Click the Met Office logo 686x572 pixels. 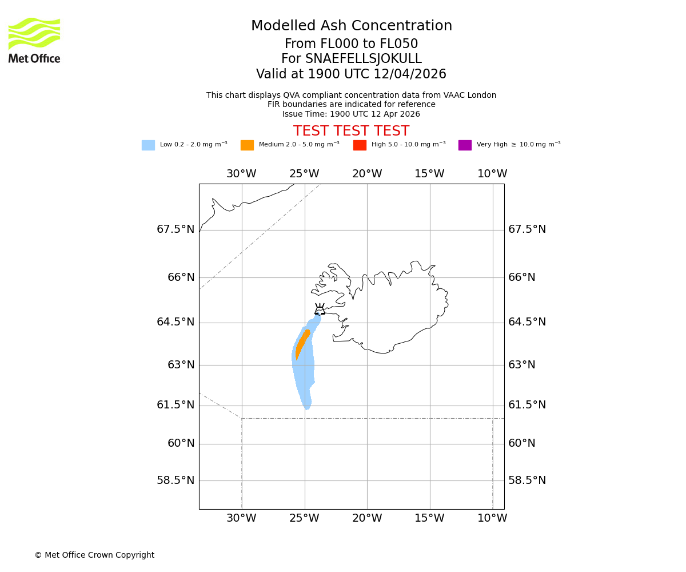[x=34, y=40]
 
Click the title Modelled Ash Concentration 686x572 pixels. [x=352, y=26]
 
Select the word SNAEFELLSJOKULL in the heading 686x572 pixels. [x=364, y=59]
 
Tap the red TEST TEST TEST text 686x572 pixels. [x=351, y=132]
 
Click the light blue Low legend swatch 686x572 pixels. [x=148, y=145]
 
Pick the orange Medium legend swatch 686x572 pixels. [x=247, y=145]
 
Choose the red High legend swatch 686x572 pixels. [x=360, y=145]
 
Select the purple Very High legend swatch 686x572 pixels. [x=465, y=145]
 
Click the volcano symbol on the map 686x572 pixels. [x=320, y=309]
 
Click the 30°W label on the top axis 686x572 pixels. [x=241, y=174]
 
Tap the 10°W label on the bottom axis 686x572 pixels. [x=492, y=518]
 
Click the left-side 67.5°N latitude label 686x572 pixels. [x=176, y=229]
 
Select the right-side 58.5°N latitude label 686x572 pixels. [x=527, y=480]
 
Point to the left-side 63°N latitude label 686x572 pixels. [x=181, y=365]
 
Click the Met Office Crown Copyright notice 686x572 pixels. [x=94, y=555]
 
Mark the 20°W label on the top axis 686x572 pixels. [x=367, y=174]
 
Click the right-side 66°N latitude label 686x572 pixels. [x=522, y=277]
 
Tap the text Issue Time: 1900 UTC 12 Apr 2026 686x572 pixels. [x=351, y=114]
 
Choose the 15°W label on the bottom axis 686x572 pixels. [x=429, y=518]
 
